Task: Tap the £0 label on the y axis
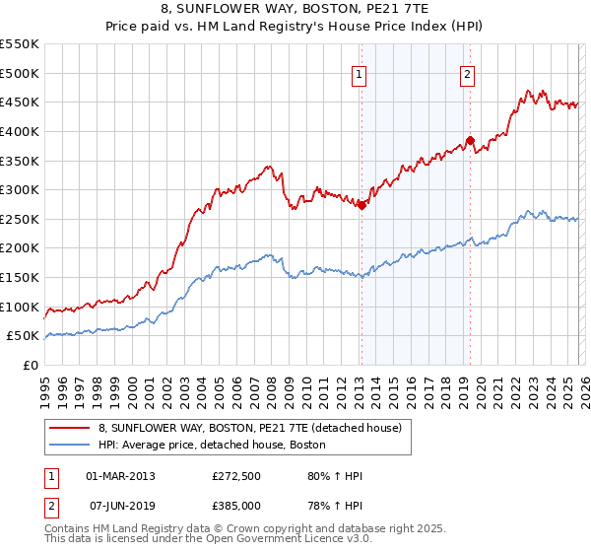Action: click(x=30, y=365)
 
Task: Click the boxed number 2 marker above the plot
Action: click(x=467, y=74)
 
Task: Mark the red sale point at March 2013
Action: click(x=361, y=205)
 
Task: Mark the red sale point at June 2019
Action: click(x=470, y=140)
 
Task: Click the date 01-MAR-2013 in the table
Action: click(x=120, y=476)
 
